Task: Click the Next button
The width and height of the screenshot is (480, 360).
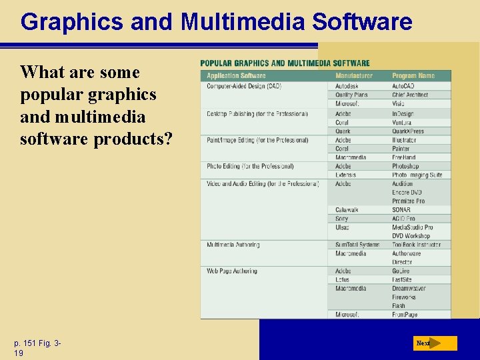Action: point(433,343)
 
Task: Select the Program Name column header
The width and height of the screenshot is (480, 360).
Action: point(413,75)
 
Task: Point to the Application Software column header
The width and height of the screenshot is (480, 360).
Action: point(236,75)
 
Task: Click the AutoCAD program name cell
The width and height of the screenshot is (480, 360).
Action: point(403,86)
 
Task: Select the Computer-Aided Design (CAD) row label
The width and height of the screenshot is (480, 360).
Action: point(244,86)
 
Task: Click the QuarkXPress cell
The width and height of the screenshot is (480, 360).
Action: point(408,131)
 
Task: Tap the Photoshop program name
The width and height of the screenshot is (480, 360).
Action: point(405,166)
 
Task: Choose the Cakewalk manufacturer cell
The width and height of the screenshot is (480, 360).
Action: point(347,210)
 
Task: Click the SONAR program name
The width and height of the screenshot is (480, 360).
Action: point(401,210)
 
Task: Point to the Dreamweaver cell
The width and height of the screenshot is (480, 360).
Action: point(409,289)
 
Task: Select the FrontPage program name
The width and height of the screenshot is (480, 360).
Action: point(405,314)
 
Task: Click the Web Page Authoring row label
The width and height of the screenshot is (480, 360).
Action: point(231,271)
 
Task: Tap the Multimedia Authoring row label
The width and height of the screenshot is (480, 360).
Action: point(233,245)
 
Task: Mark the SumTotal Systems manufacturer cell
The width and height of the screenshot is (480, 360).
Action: point(357,245)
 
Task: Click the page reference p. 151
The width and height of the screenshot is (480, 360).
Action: point(27,343)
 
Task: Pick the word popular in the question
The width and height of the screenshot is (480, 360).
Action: point(47,95)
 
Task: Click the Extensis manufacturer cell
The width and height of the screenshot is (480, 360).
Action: point(347,175)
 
